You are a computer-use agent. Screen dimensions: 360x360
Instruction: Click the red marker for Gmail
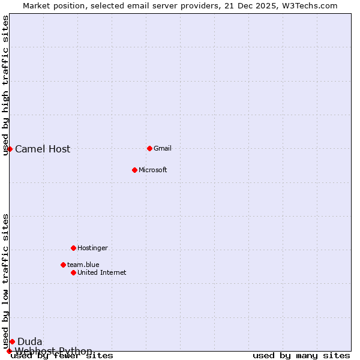click(x=149, y=148)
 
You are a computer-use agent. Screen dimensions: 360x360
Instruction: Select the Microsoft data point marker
click(x=134, y=170)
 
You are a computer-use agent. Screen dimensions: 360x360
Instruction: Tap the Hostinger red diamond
click(x=73, y=248)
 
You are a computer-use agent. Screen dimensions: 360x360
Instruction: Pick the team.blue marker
click(x=63, y=265)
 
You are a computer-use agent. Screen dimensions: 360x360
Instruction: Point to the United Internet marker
click(x=73, y=272)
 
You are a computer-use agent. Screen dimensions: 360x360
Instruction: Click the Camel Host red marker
click(x=10, y=149)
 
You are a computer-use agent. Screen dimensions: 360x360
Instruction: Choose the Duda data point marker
click(x=12, y=341)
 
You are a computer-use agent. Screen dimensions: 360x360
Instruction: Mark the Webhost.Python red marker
click(x=9, y=351)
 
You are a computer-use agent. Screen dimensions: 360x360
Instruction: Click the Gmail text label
click(x=163, y=148)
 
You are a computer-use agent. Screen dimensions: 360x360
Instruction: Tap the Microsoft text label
click(x=152, y=170)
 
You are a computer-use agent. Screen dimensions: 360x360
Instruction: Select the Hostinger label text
click(x=92, y=248)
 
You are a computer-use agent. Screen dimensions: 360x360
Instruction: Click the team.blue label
click(x=83, y=265)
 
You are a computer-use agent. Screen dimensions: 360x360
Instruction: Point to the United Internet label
click(x=101, y=272)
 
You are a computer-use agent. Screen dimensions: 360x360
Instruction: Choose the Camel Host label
click(x=43, y=149)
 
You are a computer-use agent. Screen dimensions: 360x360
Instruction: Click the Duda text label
click(x=29, y=342)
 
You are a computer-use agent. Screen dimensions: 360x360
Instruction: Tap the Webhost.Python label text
click(x=53, y=351)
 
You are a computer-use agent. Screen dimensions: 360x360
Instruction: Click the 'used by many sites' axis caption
click(x=301, y=356)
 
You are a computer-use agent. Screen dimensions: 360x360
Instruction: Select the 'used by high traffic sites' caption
click(x=6, y=85)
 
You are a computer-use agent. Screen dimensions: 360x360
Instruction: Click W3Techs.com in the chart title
click(x=309, y=5)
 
